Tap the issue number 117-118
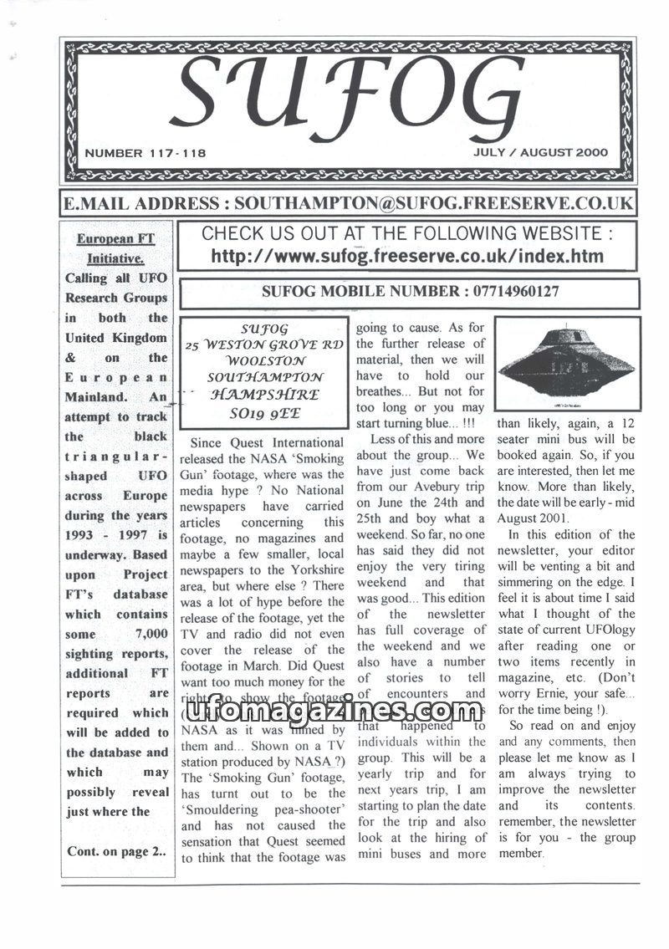coord(175,153)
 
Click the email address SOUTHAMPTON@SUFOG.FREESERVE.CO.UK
coord(433,203)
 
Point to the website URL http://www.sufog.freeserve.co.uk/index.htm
coord(406,256)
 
